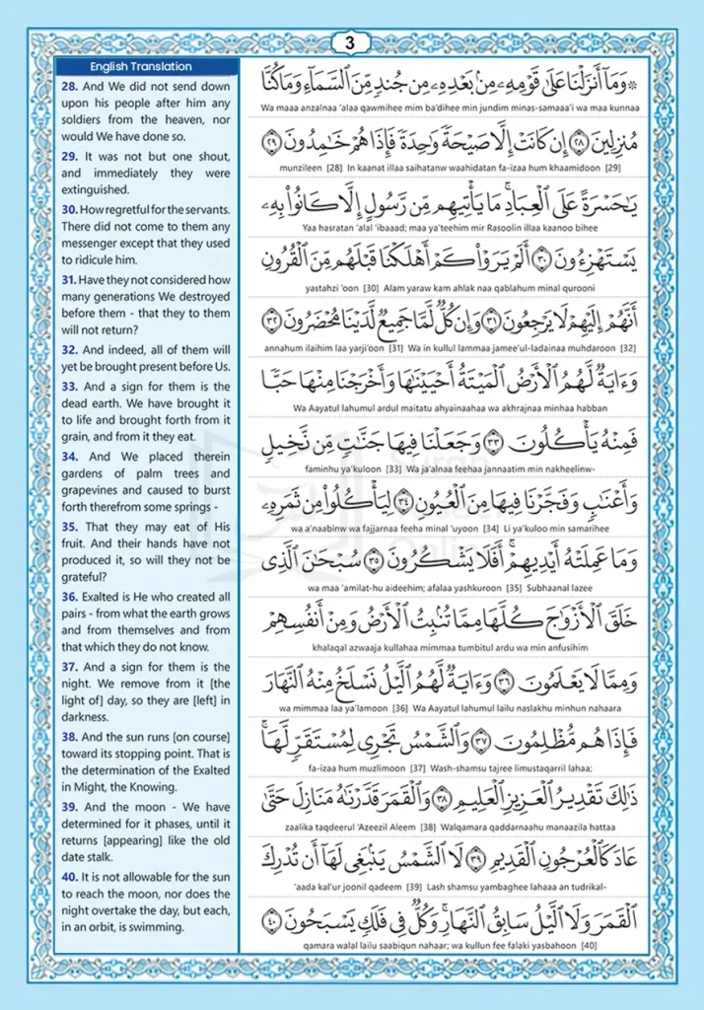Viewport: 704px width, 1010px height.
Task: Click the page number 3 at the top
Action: click(x=351, y=43)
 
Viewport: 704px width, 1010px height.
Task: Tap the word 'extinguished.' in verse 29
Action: click(x=95, y=189)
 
